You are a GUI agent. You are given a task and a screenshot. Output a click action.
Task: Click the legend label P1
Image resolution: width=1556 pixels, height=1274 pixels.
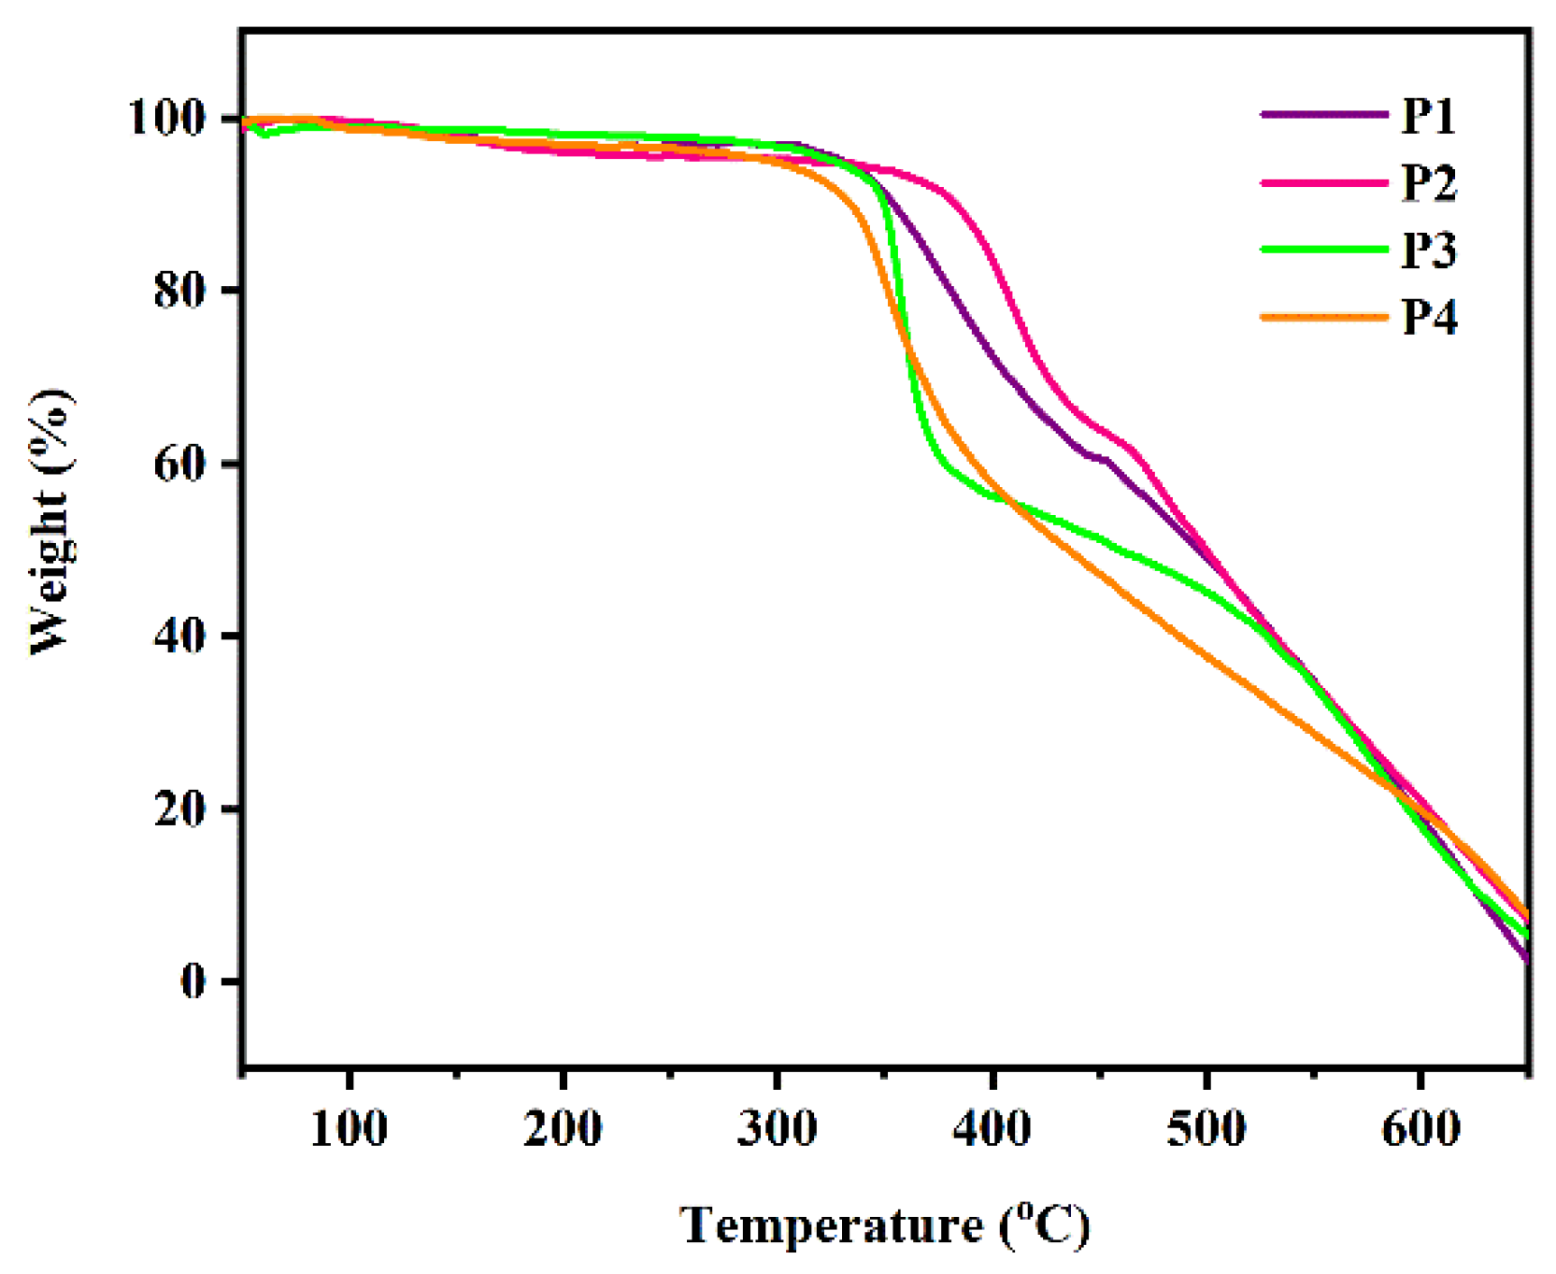pos(1428,117)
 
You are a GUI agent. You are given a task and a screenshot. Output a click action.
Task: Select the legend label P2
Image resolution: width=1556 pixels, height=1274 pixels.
pos(1428,184)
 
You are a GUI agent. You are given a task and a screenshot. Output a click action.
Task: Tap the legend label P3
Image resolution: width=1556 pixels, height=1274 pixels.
pos(1428,251)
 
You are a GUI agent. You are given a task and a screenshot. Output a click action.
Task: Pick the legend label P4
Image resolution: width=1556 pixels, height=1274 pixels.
pos(1428,318)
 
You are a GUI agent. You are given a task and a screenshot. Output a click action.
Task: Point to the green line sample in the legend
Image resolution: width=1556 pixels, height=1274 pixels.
pos(1323,250)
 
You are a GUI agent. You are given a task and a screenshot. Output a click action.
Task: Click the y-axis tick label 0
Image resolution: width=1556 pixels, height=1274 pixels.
pos(193,981)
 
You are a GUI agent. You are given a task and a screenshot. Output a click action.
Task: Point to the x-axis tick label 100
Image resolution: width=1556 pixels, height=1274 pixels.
pos(349,1129)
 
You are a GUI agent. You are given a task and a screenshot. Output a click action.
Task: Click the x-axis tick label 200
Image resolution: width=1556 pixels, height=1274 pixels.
pos(563,1129)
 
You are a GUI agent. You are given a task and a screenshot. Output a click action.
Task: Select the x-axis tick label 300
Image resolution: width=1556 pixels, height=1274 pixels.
pos(777,1129)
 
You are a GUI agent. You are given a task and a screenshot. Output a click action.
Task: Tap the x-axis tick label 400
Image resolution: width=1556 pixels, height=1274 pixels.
pos(992,1129)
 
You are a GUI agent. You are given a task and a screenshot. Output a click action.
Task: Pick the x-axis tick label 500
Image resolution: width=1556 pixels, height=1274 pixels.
pos(1206,1129)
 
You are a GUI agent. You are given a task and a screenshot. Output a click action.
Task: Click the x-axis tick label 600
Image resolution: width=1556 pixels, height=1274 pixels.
pos(1420,1129)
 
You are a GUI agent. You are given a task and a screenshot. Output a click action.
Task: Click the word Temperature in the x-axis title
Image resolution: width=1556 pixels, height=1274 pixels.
pos(831,1225)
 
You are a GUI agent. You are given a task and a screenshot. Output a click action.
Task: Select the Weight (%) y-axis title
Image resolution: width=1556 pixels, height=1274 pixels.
pos(51,522)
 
